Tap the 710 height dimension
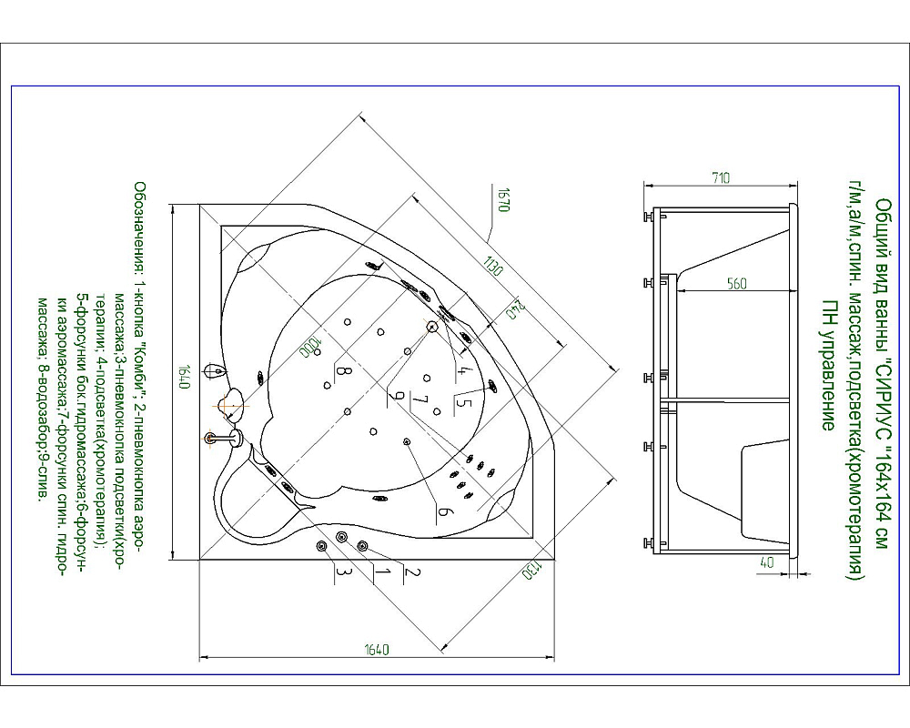click(x=721, y=178)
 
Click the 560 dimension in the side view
click(x=736, y=283)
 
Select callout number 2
click(x=409, y=572)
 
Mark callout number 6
click(x=444, y=512)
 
